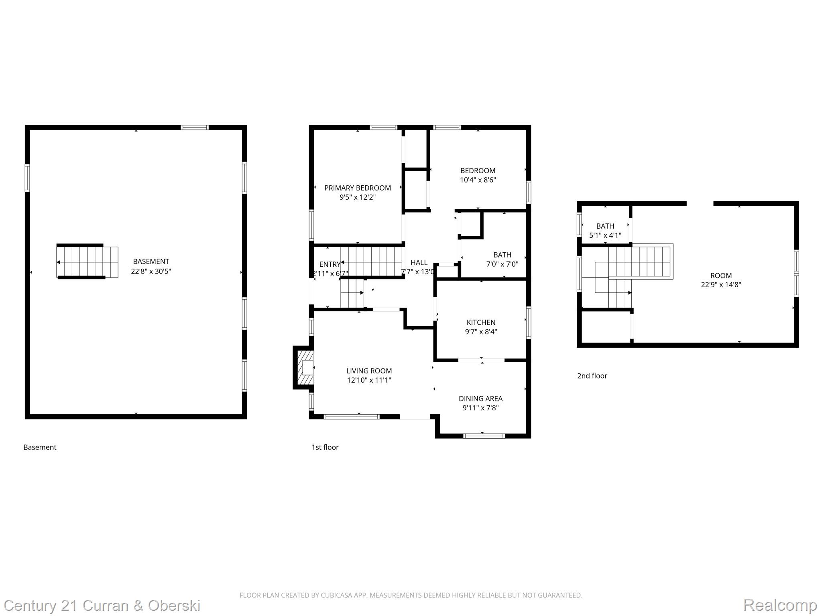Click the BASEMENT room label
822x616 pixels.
151,261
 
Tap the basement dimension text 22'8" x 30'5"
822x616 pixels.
151,272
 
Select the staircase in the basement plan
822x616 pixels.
87,261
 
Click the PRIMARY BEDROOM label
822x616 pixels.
357,188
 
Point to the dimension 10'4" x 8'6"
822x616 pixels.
478,180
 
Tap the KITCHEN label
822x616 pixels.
481,322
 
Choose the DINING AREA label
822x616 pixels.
480,399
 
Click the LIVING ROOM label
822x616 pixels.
369,371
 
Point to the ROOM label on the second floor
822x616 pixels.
721,276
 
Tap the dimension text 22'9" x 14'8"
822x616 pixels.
721,285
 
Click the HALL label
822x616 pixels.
419,263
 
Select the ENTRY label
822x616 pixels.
330,264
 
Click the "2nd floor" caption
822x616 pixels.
592,376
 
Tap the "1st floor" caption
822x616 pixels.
325,447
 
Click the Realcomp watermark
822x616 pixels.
780,605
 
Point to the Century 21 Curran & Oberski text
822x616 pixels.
102,605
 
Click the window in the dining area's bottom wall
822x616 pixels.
484,436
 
